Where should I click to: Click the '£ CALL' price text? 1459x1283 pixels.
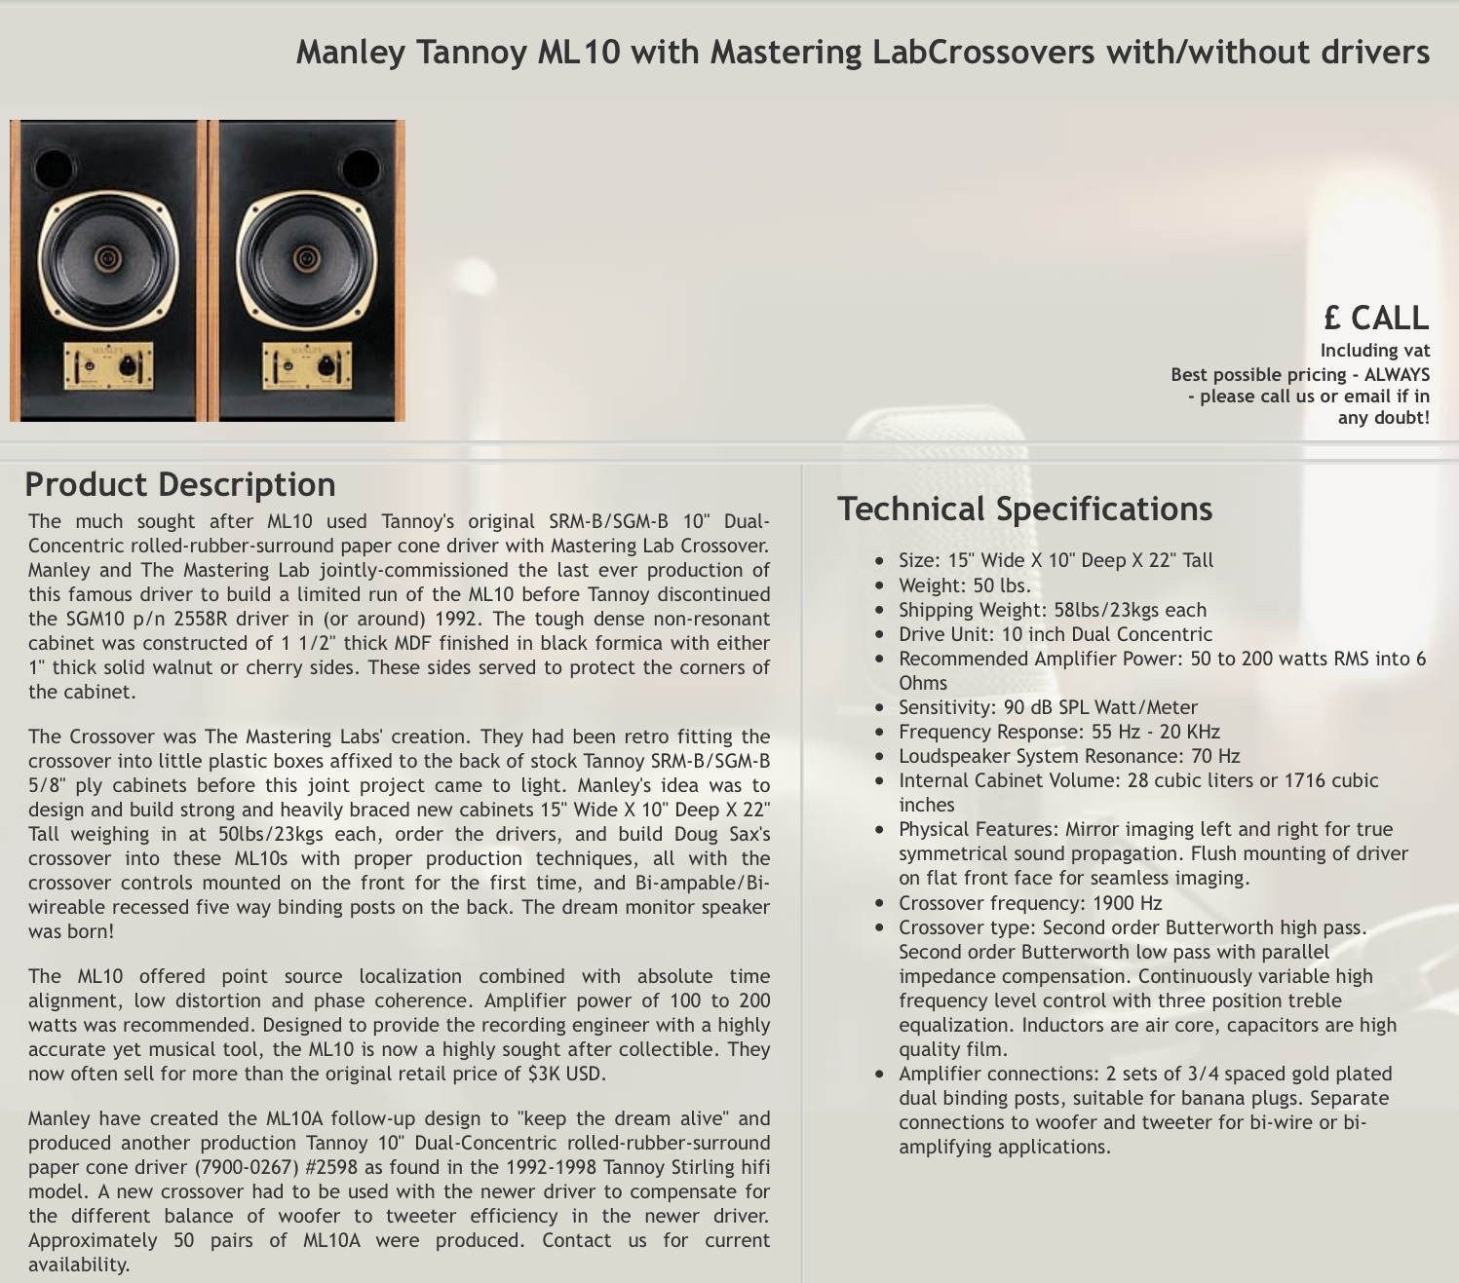[1375, 318]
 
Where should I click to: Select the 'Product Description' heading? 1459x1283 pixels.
[180, 484]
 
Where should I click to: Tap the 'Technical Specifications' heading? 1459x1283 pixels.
[1024, 509]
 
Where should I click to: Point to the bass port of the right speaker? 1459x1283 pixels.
[361, 168]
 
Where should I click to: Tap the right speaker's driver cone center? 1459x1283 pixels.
[306, 257]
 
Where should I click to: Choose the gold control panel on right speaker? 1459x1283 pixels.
[307, 366]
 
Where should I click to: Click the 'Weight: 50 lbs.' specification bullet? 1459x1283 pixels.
[964, 585]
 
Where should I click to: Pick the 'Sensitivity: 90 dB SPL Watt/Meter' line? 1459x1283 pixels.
[1048, 707]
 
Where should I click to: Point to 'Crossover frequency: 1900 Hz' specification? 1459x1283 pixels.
[1030, 903]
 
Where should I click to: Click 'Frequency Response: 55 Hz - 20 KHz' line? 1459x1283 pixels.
[1058, 732]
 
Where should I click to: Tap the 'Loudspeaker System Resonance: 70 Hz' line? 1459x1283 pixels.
[1069, 756]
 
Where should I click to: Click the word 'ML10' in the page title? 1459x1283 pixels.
[579, 52]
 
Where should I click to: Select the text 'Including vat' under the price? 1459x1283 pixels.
[1374, 351]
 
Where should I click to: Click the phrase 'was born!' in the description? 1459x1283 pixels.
[71, 931]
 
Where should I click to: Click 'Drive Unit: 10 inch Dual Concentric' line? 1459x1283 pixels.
[1055, 634]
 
